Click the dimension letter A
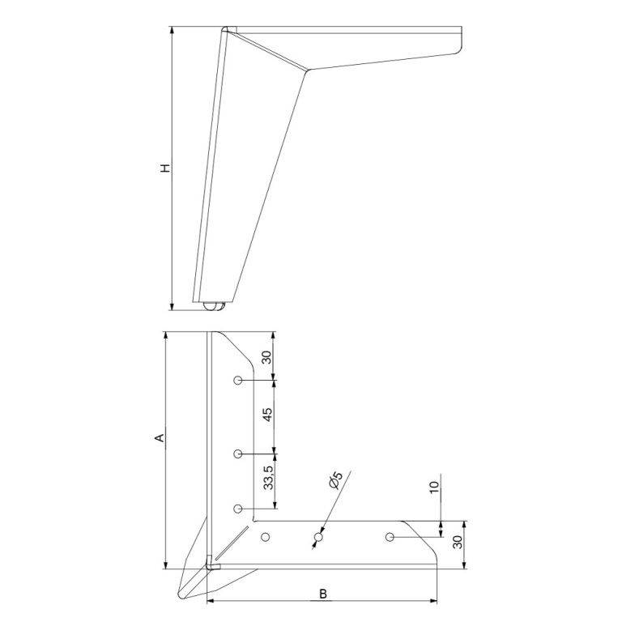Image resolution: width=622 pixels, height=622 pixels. [x=160, y=438]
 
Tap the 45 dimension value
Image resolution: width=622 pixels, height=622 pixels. [x=268, y=415]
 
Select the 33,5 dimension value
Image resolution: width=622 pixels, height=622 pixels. [x=269, y=478]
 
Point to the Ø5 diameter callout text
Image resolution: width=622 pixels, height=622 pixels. [x=335, y=480]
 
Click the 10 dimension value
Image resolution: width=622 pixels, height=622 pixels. [x=435, y=487]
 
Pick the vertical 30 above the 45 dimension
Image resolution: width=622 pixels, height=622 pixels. [x=267, y=357]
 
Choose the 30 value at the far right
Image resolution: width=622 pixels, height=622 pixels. [x=458, y=542]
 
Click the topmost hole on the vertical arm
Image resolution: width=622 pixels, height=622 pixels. [x=237, y=381]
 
